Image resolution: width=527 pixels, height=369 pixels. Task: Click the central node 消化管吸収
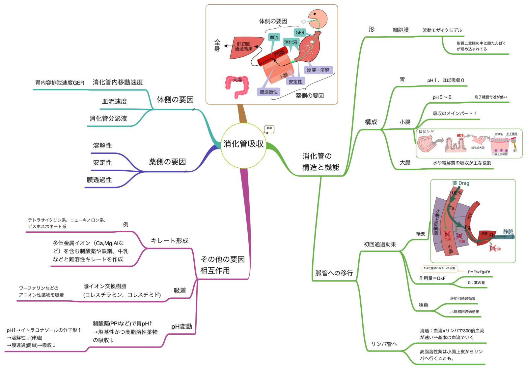click(243, 144)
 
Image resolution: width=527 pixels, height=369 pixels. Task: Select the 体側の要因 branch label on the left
click(175, 100)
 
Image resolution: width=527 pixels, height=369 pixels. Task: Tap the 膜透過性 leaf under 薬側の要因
click(99, 180)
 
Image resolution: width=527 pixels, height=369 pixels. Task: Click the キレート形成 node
click(169, 241)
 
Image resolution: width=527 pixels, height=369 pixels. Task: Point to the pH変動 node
click(181, 326)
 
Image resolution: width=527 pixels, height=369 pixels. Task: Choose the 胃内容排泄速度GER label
click(60, 83)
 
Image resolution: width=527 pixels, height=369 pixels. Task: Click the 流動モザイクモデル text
click(442, 30)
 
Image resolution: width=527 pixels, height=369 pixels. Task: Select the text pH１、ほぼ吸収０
click(445, 81)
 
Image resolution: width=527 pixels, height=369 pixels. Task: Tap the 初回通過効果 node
click(380, 245)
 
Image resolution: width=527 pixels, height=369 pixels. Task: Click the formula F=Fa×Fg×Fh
click(479, 272)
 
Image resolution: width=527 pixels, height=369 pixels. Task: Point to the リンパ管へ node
click(384, 344)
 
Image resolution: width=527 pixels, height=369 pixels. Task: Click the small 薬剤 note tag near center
click(269, 128)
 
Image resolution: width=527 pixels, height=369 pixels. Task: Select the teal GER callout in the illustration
click(300, 33)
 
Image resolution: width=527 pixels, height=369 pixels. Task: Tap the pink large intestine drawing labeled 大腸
click(236, 86)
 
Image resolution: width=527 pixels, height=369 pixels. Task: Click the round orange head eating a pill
click(318, 18)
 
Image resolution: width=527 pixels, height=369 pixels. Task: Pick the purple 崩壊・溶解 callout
click(318, 70)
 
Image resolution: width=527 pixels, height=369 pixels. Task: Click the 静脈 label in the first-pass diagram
click(508, 231)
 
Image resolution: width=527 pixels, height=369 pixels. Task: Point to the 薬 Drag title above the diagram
click(460, 183)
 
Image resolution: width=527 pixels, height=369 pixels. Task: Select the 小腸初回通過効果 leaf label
click(464, 312)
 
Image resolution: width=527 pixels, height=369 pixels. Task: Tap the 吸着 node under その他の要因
click(180, 290)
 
